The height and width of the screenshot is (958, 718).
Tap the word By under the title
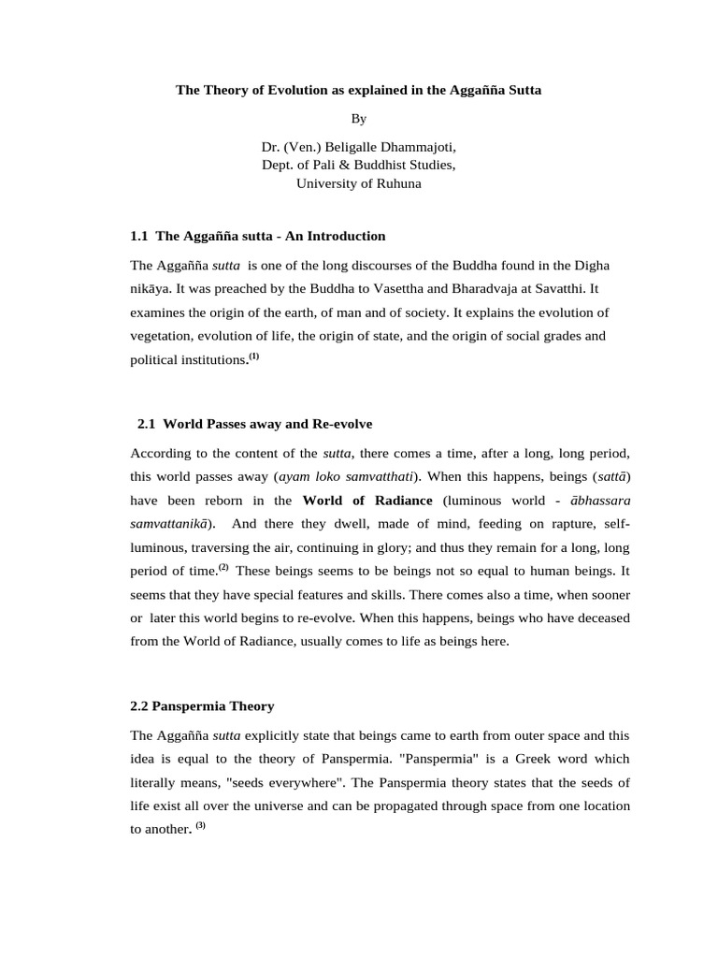359,119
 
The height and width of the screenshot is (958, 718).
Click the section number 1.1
139,236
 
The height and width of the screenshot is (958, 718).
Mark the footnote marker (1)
253,356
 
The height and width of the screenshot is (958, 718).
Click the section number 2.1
147,424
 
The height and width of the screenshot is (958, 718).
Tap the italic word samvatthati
370,475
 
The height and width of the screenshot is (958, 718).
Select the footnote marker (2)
223,568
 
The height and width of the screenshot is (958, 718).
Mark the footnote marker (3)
200,824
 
